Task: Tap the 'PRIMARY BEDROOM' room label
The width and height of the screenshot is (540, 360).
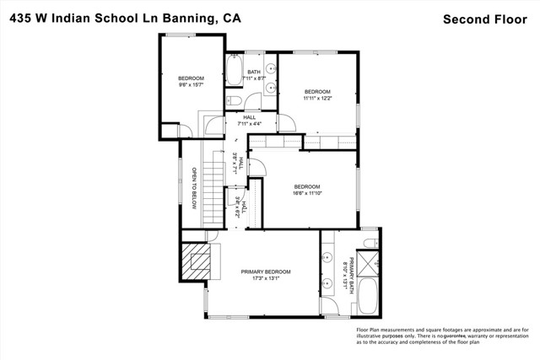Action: coord(266,271)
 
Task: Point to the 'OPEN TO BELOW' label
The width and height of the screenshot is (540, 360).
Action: coord(193,188)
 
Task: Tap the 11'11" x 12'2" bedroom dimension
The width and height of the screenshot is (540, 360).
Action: coord(316,98)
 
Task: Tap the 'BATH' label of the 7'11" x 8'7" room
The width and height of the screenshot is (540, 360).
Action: coord(254,72)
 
